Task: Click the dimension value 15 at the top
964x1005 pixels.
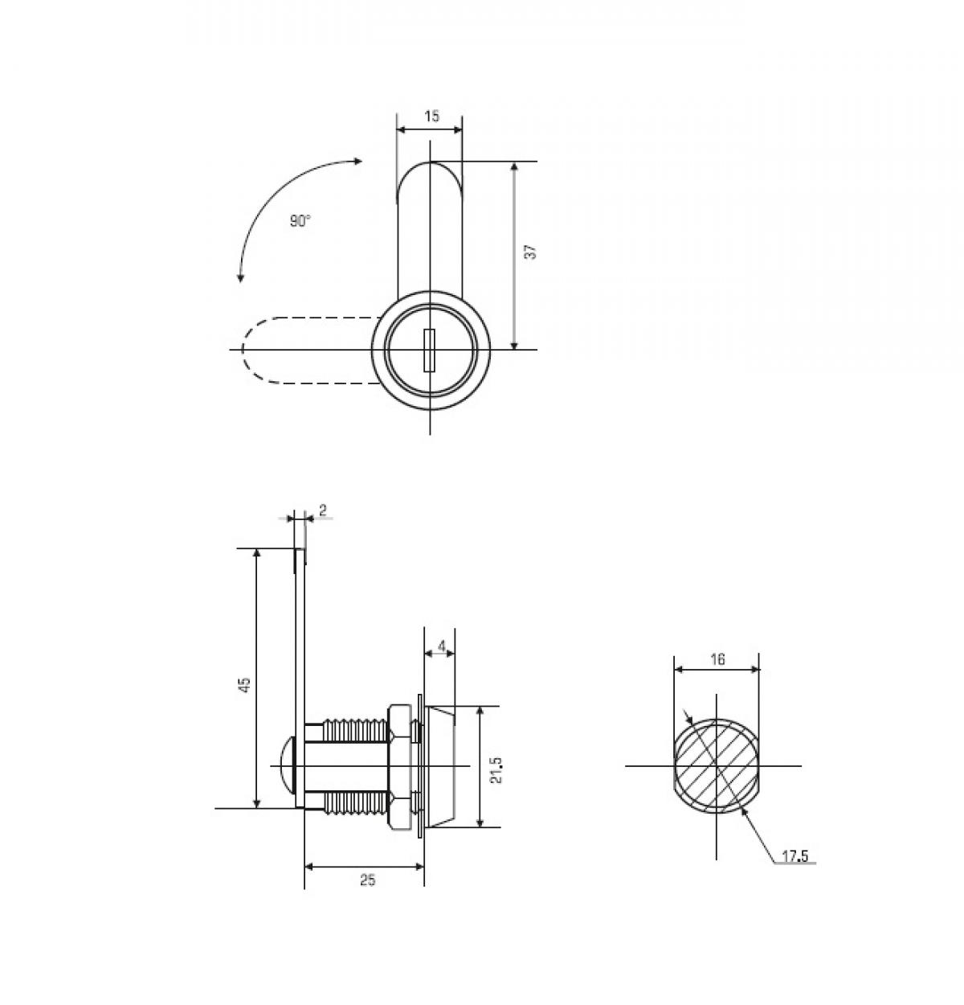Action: pyautogui.click(x=431, y=117)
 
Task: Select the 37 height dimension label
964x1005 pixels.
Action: pyautogui.click(x=529, y=252)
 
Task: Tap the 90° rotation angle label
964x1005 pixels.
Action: pyautogui.click(x=300, y=221)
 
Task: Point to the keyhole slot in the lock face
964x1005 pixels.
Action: pyautogui.click(x=430, y=351)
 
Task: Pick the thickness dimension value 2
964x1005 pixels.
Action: pyautogui.click(x=323, y=510)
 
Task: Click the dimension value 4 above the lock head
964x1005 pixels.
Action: pyautogui.click(x=441, y=646)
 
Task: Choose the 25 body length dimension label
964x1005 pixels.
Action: pyautogui.click(x=367, y=880)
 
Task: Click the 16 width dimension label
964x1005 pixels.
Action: pyautogui.click(x=717, y=659)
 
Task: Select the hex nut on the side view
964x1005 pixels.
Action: pyautogui.click(x=399, y=766)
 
